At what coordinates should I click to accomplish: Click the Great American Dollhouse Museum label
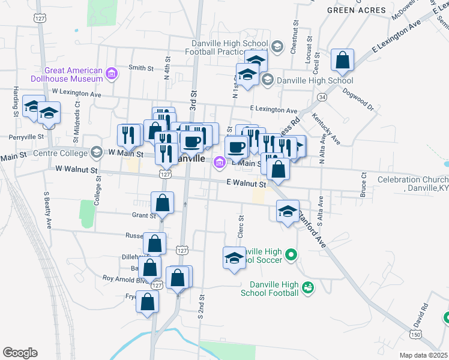[73, 74]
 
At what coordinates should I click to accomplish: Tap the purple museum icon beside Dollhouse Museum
[111, 74]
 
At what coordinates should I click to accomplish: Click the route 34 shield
[322, 97]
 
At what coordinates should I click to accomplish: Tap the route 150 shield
[417, 334]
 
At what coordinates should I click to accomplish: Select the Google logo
[20, 352]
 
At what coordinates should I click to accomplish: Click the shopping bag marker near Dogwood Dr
[342, 60]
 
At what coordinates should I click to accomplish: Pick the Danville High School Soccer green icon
[291, 255]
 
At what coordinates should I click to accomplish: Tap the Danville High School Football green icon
[308, 288]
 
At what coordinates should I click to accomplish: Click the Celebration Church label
[413, 184]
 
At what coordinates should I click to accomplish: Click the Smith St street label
[142, 68]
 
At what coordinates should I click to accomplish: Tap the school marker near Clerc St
[234, 258]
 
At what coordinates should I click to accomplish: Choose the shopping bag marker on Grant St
[162, 203]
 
